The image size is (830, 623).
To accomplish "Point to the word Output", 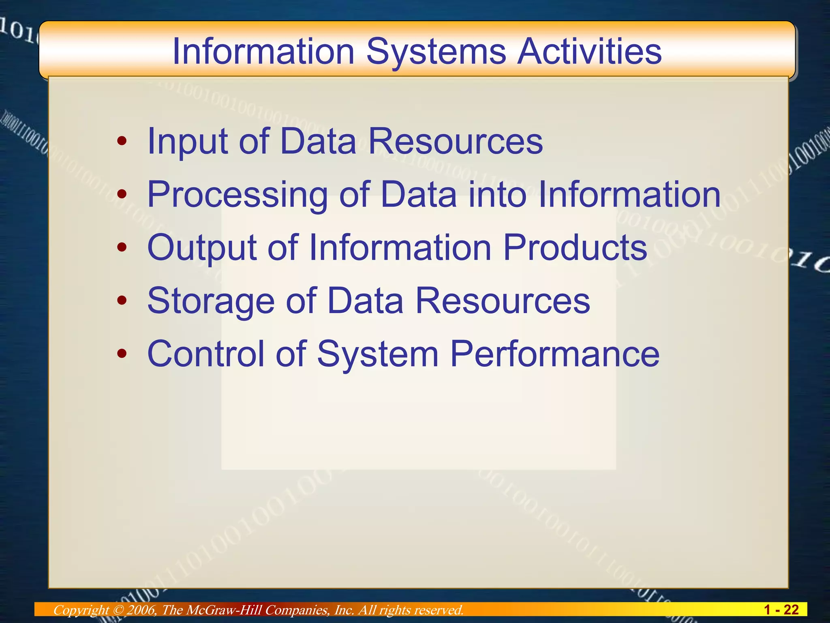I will point(202,248).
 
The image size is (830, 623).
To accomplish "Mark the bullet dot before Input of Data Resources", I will point(122,142).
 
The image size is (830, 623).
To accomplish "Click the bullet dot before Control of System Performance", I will point(122,354).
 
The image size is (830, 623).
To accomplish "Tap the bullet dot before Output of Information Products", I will point(122,247).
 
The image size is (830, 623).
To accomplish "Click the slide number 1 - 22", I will point(781,610).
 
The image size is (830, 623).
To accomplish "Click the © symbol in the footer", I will point(118,610).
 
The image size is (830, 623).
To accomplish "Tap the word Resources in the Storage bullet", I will point(503,301).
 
